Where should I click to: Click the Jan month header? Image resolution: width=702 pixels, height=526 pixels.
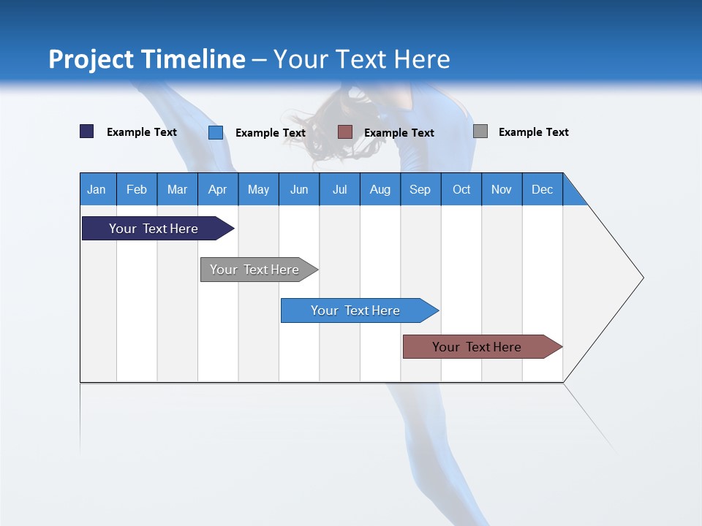(97, 189)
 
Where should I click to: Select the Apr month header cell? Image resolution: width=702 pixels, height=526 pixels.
(218, 189)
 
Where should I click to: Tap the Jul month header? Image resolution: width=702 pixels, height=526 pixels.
(339, 189)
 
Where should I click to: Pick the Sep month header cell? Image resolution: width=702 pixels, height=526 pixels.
(420, 189)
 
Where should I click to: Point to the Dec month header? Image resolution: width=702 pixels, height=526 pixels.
(542, 189)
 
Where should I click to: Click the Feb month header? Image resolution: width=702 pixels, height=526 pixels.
(137, 189)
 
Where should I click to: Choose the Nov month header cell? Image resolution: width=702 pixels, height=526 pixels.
(502, 189)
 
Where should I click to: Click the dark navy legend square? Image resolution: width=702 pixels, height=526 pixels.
(86, 131)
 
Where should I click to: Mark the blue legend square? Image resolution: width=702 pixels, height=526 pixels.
(216, 132)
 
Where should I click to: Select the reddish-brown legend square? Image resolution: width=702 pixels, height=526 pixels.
(345, 132)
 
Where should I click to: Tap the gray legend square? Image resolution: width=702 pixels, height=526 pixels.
(480, 131)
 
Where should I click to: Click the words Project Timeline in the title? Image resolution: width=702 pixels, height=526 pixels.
(147, 59)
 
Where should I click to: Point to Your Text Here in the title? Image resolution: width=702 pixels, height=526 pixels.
(362, 59)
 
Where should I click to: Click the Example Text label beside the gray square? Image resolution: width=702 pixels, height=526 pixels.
(533, 132)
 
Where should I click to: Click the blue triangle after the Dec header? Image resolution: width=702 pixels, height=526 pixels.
(572, 194)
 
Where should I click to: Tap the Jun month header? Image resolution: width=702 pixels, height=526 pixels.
(299, 189)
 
